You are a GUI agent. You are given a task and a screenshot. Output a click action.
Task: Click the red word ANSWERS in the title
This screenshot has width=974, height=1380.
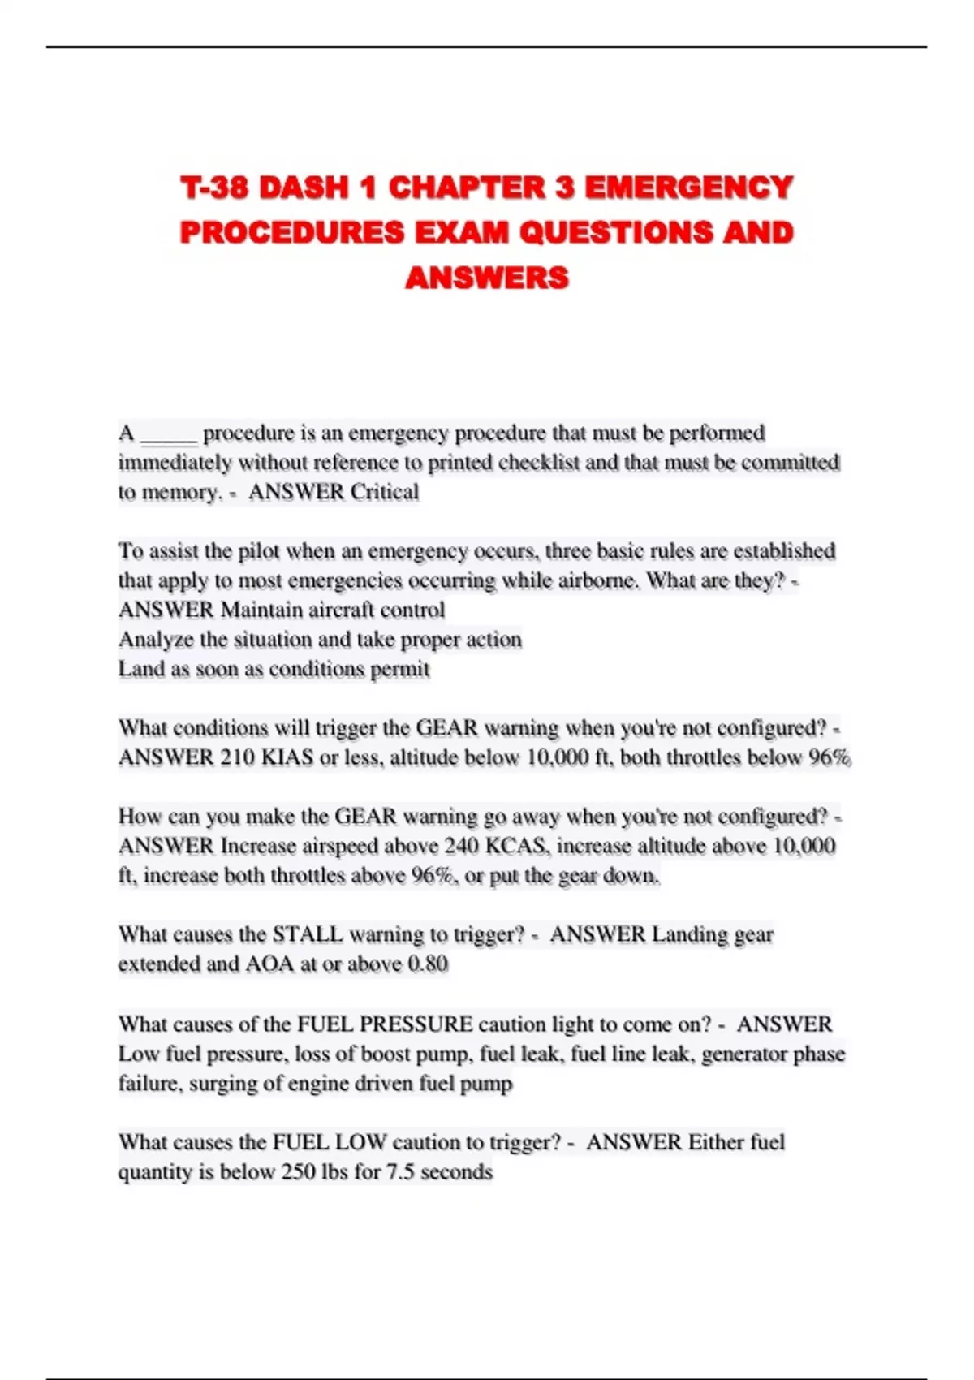point(487,278)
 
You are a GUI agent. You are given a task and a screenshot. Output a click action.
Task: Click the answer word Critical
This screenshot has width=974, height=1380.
point(385,492)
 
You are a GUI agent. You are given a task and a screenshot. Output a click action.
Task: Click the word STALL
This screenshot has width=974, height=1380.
point(307,934)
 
